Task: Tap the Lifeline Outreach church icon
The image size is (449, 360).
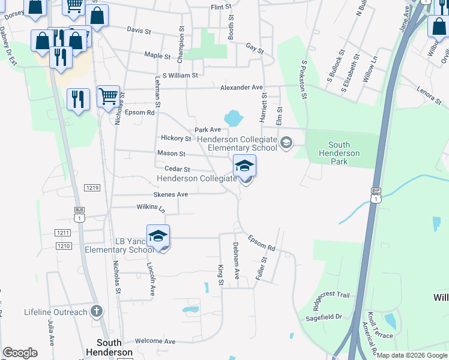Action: coord(96,311)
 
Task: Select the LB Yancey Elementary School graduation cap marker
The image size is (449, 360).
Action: coord(158,236)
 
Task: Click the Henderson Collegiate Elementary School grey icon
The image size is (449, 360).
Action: coord(286,142)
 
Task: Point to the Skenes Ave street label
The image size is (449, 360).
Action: coord(170,194)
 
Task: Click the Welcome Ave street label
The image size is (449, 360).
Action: coord(155,341)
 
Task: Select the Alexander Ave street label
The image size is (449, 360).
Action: coord(241,88)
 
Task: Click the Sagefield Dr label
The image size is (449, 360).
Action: coord(326,316)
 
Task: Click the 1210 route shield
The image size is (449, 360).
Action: coord(64,246)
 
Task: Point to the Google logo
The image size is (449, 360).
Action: coord(20,353)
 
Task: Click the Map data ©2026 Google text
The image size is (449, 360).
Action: coord(412,355)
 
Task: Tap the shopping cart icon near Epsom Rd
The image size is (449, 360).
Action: coord(108,95)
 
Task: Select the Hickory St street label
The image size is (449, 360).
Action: coord(175,139)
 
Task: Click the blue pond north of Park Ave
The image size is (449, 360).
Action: coord(232,117)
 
